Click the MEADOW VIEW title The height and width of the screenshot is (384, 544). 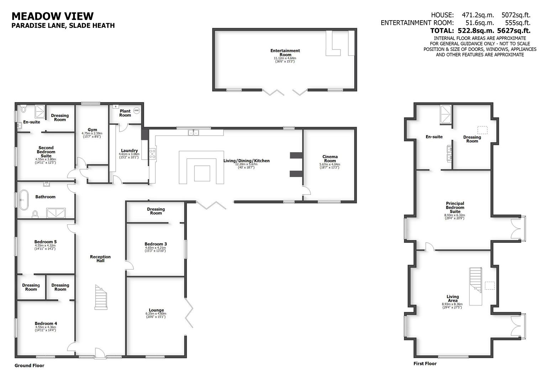coord(53,16)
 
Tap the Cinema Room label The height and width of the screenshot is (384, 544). coord(330,159)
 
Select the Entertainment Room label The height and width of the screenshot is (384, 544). coord(285,53)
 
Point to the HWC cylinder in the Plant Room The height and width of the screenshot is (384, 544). coord(137,111)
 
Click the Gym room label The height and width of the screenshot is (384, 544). coord(92,130)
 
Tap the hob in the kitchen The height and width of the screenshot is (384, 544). coord(152,154)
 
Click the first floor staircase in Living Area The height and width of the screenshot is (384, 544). coord(476,286)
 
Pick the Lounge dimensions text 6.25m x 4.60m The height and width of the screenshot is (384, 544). coord(156,314)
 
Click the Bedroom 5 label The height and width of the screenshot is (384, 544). coord(45,242)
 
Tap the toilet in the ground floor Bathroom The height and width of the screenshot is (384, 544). coord(35,214)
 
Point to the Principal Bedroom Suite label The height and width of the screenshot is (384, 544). coord(455,207)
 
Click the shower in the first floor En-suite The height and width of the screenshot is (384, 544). coord(446,114)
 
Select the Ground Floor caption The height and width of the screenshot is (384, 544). coord(30,366)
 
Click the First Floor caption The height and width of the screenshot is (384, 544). coord(425,363)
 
